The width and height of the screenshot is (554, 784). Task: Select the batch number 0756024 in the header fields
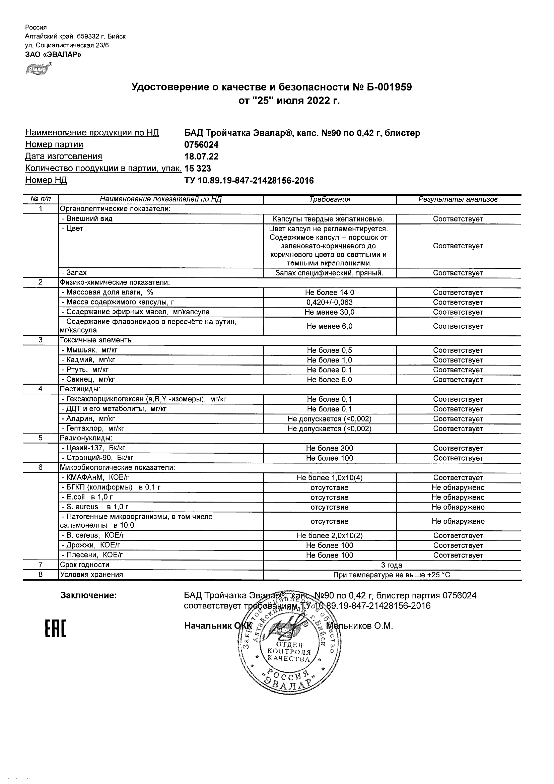pos(201,145)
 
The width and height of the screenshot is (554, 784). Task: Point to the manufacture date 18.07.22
pos(201,157)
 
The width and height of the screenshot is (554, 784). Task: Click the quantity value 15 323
pos(198,169)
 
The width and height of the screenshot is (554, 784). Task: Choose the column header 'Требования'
pos(329,199)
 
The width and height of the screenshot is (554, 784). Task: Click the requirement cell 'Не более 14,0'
pos(329,292)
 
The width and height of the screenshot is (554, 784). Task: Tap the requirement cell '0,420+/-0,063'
pos(329,303)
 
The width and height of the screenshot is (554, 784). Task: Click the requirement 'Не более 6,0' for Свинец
pos(329,380)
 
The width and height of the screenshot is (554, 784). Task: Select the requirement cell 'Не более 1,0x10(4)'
pos(329,478)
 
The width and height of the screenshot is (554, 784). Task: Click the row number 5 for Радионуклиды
pos(40,438)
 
